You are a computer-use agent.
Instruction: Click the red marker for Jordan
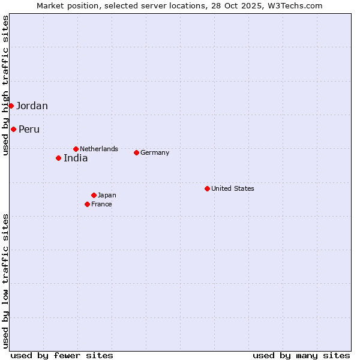point(11,106)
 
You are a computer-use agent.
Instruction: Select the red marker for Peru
point(13,129)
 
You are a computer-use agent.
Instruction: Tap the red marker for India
point(58,158)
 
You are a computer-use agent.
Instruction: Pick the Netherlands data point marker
point(76,149)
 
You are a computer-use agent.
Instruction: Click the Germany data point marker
point(136,152)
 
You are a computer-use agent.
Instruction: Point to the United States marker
point(207,188)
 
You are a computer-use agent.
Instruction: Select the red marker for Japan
point(94,195)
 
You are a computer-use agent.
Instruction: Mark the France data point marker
point(87,204)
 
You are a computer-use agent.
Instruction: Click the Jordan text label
point(32,106)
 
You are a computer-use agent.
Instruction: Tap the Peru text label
point(29,130)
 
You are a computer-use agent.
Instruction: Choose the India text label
point(76,158)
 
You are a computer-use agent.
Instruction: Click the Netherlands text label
point(99,149)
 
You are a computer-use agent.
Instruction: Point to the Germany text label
point(155,152)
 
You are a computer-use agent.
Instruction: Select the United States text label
point(233,188)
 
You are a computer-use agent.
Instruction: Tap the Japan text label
point(107,195)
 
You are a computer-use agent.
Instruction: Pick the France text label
point(101,204)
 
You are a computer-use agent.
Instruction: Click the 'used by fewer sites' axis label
point(62,355)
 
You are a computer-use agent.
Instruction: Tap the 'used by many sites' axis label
point(301,355)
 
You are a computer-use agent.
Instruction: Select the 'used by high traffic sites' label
point(5,85)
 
